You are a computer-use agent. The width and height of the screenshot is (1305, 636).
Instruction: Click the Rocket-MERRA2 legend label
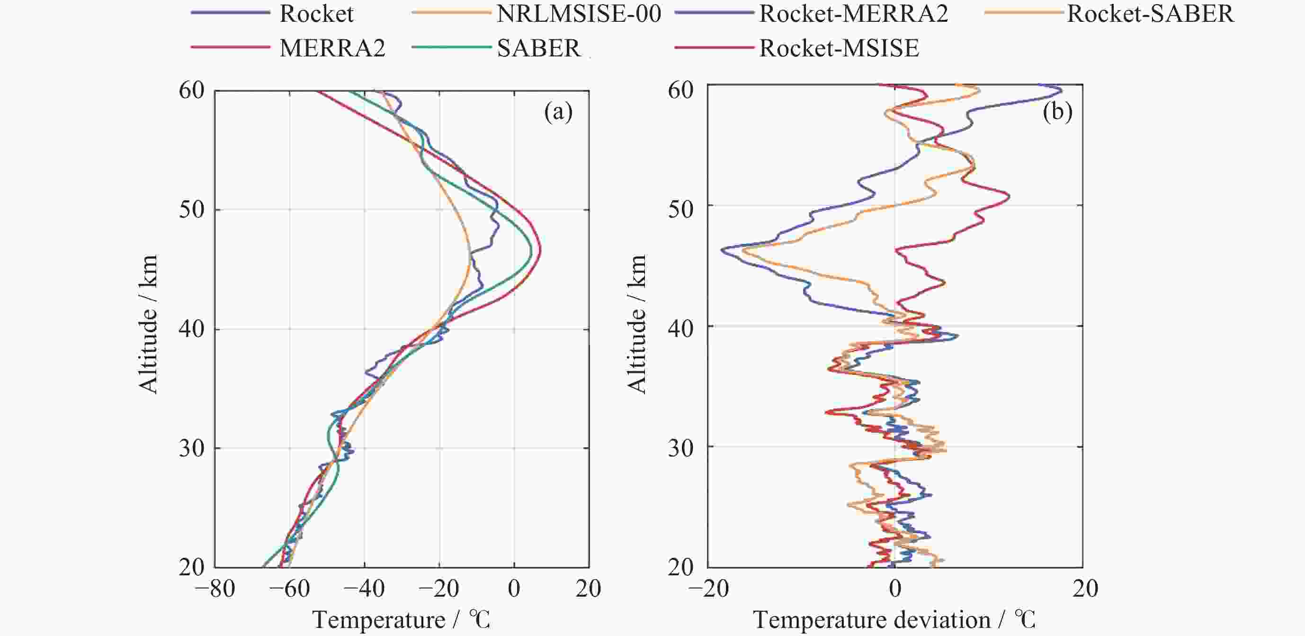[x=853, y=14]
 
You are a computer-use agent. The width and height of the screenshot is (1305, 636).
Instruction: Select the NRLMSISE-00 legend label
[x=579, y=14]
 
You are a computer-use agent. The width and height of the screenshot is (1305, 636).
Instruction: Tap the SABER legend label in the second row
[x=538, y=48]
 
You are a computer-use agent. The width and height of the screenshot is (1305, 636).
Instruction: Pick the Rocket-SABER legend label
[x=1150, y=14]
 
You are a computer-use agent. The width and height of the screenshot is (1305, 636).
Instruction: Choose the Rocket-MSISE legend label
[x=839, y=48]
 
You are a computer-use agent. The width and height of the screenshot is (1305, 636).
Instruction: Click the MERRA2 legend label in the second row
[x=332, y=48]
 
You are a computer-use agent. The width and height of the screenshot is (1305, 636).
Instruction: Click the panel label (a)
[x=558, y=111]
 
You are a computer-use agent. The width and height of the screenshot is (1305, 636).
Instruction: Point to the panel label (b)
[x=1057, y=111]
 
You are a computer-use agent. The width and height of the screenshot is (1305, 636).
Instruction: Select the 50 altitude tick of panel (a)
[x=191, y=209]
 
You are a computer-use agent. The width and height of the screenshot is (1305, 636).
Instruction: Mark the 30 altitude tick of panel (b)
[x=680, y=448]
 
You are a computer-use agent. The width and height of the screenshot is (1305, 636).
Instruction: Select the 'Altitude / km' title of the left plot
[x=148, y=325]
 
